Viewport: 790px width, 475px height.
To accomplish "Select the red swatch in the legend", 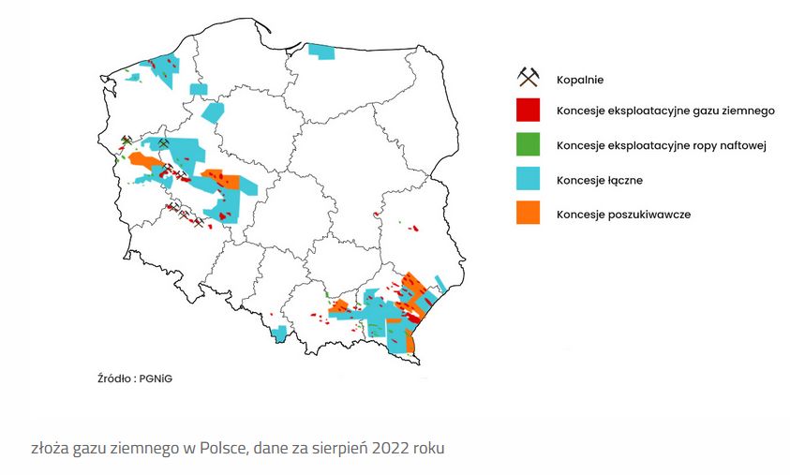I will point(529,111).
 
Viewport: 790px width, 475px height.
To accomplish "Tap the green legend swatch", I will point(529,145).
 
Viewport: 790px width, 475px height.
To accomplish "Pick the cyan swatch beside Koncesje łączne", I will point(529,179).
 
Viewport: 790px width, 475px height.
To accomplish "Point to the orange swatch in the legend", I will point(529,214).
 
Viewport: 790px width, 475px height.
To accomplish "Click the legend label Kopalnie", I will point(579,79).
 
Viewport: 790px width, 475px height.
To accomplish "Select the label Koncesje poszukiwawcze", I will point(623,215).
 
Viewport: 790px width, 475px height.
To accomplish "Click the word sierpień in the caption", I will point(331,448).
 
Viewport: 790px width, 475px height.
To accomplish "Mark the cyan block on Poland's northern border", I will point(321,52).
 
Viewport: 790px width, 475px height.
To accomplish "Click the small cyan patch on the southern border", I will point(278,333).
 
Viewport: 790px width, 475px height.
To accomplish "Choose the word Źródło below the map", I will point(115,379).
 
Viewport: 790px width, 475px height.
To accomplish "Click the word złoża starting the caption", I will point(50,448).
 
